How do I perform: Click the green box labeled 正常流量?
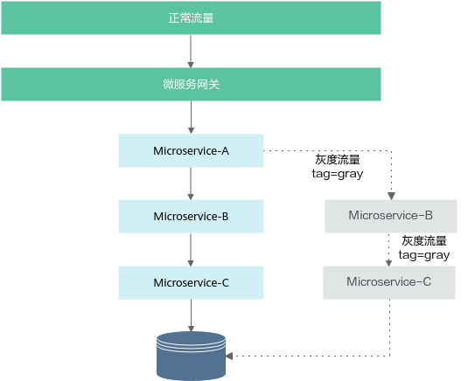[x=191, y=17]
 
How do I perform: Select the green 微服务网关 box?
[x=191, y=84]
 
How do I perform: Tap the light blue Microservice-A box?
[x=191, y=150]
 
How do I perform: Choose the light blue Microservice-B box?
[x=191, y=216]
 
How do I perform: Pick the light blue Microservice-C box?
[x=191, y=282]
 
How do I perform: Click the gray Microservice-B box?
[x=391, y=216]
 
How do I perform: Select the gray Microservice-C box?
[x=389, y=282]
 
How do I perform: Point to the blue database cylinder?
[x=191, y=356]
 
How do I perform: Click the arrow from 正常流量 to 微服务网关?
[x=191, y=52]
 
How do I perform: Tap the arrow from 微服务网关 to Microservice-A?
[x=191, y=117]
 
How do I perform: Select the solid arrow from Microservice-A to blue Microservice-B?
[x=191, y=184]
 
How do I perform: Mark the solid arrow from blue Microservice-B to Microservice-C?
[x=191, y=250]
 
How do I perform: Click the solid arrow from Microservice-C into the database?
[x=191, y=315]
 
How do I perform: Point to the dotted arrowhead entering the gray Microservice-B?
[x=392, y=196]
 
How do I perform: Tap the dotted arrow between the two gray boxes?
[x=388, y=250]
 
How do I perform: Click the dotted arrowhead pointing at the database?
[x=229, y=356]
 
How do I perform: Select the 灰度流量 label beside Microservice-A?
[x=338, y=160]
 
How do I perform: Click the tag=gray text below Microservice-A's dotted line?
[x=338, y=174]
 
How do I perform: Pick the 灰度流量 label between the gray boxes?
[x=424, y=241]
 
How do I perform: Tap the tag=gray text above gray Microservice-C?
[x=424, y=255]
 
